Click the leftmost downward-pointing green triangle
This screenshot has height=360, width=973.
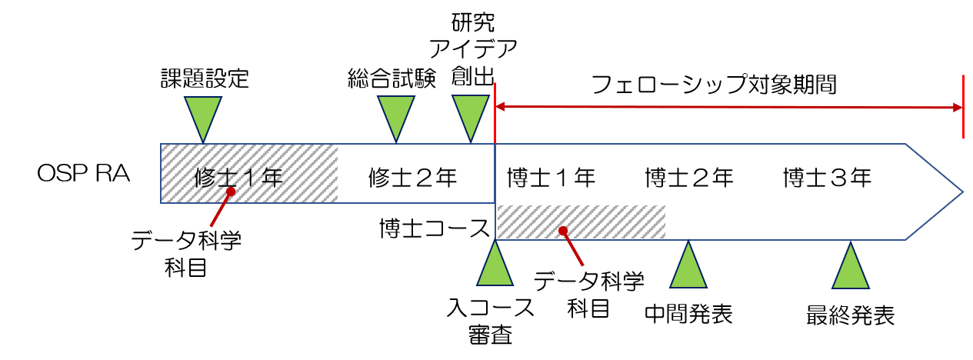[x=203, y=114]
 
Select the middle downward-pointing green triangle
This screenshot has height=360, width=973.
[x=396, y=114]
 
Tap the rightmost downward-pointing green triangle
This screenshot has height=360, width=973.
[x=471, y=114]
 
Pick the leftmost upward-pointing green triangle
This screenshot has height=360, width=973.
[x=495, y=268]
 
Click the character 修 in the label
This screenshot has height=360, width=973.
[x=205, y=178]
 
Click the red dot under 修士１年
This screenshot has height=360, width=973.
[x=230, y=192]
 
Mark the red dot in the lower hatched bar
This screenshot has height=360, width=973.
[x=563, y=230]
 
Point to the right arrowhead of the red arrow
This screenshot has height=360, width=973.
[x=958, y=108]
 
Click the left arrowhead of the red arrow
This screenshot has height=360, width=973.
[x=500, y=108]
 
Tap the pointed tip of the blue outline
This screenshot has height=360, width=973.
[x=961, y=192]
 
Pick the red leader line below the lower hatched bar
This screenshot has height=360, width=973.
[x=574, y=249]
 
